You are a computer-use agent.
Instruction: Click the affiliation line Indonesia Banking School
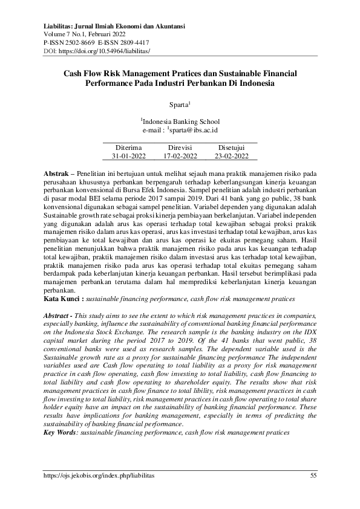click(180, 122)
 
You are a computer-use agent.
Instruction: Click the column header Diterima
click(128, 147)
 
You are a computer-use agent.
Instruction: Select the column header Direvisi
click(180, 147)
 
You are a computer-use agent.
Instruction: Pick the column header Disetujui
click(231, 147)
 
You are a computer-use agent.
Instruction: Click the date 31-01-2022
click(128, 155)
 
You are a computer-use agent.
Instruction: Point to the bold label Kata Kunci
click(64, 299)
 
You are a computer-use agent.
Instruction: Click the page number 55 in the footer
click(313, 476)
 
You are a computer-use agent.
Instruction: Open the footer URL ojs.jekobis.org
click(99, 476)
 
